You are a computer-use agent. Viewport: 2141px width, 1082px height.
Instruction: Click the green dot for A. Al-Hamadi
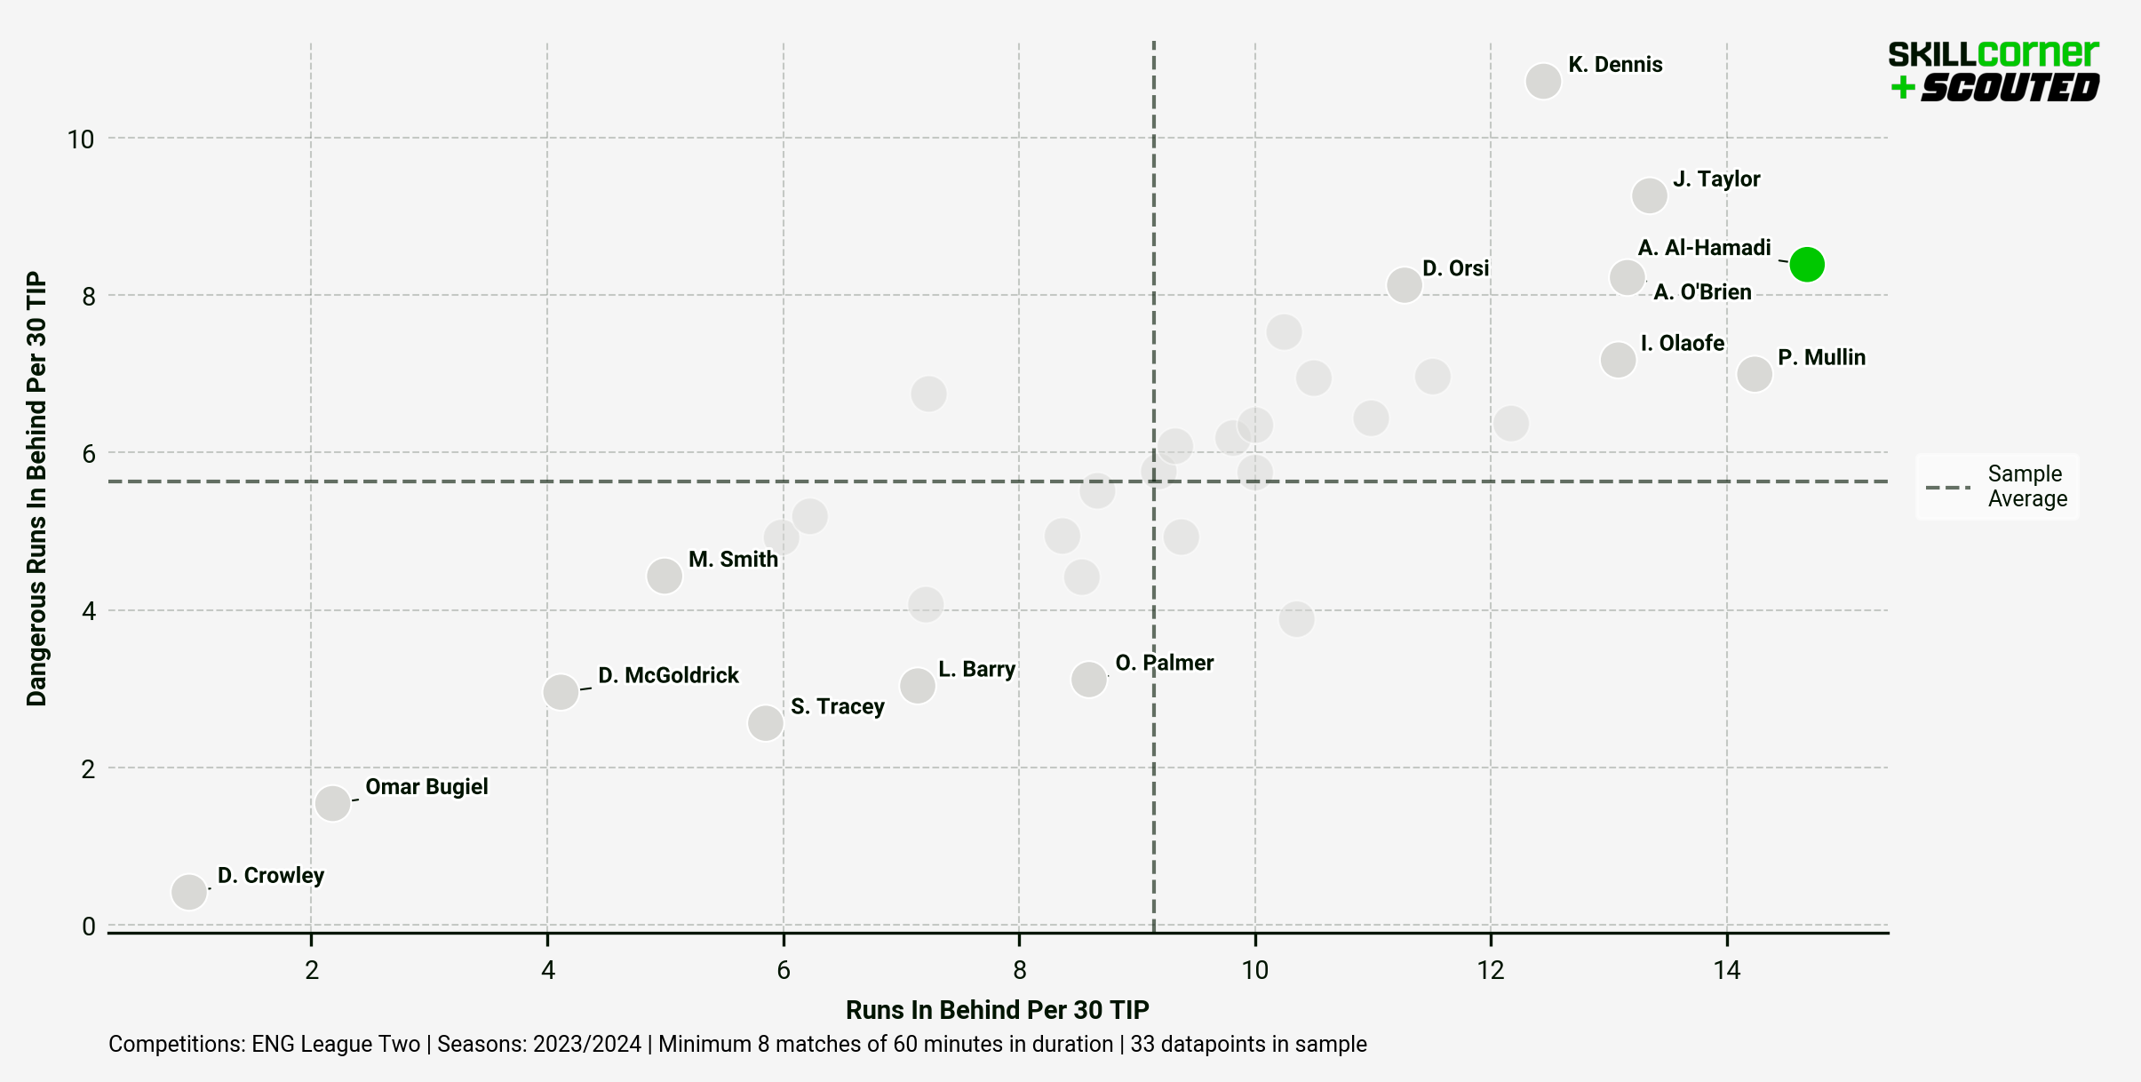[x=1807, y=264]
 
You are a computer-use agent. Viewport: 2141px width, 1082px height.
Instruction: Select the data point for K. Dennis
[x=1543, y=81]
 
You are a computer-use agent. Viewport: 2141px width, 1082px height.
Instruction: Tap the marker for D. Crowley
[x=189, y=891]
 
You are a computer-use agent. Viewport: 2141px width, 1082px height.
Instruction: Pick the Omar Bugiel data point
[x=333, y=803]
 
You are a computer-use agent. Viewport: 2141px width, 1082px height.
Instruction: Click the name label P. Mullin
[x=1821, y=357]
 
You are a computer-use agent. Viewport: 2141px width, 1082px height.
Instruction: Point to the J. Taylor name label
[x=1716, y=179]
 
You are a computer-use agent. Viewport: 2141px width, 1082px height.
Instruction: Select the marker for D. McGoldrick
[x=561, y=691]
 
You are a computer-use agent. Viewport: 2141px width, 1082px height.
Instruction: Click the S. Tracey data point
[x=765, y=723]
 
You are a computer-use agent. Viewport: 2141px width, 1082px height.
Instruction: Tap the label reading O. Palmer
[x=1164, y=663]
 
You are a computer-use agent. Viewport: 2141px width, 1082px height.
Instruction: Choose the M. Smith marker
[x=665, y=576]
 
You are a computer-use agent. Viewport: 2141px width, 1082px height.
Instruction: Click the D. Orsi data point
[x=1404, y=285]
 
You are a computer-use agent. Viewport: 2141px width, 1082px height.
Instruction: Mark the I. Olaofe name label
[x=1682, y=343]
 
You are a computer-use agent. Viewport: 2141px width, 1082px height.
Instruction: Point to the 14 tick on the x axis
[x=1726, y=970]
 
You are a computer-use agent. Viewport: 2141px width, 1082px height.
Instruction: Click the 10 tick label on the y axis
[x=80, y=139]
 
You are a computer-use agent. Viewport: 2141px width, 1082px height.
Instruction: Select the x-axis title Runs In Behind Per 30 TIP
[x=997, y=1010]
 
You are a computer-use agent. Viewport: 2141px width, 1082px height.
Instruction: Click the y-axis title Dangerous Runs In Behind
[x=36, y=489]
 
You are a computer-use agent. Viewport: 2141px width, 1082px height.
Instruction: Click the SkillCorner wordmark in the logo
[x=1993, y=54]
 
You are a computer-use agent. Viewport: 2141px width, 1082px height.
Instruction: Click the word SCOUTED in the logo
[x=2010, y=88]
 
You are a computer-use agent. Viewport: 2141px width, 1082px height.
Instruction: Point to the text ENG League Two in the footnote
[x=335, y=1044]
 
